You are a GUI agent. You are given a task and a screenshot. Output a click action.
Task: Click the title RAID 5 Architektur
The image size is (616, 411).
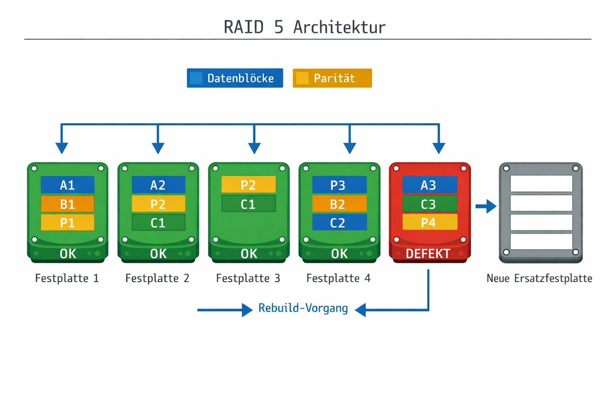tap(304, 27)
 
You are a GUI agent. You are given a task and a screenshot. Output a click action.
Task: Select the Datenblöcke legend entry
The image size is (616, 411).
tap(235, 78)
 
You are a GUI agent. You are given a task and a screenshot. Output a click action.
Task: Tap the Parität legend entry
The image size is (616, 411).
tap(332, 78)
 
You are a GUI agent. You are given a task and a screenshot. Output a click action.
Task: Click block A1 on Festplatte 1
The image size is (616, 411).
tap(67, 185)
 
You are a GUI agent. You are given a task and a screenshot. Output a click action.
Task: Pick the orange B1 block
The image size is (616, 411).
tap(67, 204)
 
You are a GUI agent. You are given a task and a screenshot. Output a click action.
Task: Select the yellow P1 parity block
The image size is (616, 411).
tap(67, 222)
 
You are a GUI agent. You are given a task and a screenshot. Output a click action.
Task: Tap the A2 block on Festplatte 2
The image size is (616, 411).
tap(158, 185)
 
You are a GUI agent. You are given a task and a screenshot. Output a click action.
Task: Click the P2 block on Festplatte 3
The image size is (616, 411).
tap(248, 185)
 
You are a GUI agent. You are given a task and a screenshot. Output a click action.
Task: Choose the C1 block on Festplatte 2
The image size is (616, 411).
tap(158, 222)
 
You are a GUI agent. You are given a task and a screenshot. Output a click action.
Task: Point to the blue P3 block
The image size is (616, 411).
tap(339, 185)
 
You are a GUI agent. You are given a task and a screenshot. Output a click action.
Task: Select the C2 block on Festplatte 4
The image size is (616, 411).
tap(339, 222)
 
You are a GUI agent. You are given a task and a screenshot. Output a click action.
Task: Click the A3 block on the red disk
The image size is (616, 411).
tap(429, 185)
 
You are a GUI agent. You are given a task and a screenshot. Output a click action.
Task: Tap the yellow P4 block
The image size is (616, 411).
tap(429, 222)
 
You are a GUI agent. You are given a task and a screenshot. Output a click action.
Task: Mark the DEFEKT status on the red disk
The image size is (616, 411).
tap(428, 254)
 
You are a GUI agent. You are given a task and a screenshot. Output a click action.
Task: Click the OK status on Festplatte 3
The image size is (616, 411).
tap(249, 254)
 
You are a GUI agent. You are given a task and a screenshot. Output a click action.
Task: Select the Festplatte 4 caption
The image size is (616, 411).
tap(338, 278)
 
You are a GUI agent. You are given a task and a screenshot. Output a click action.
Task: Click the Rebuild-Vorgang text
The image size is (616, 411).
tap(303, 308)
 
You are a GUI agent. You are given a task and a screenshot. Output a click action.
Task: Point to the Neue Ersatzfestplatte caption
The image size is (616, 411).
tap(539, 278)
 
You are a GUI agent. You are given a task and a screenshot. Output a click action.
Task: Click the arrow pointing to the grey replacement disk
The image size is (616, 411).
tap(486, 206)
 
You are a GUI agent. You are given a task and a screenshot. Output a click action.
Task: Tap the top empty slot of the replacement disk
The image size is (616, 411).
tap(541, 184)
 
